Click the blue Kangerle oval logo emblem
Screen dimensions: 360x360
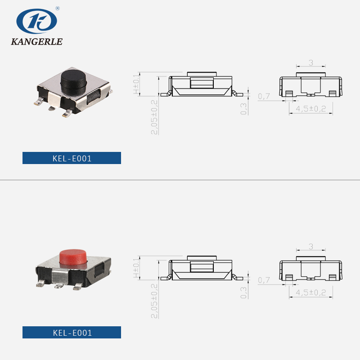(36, 21)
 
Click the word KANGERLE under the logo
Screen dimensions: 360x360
(37, 41)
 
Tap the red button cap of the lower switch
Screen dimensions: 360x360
(73, 257)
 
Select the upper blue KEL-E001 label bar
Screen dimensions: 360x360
(72, 158)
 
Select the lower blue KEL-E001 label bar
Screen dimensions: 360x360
(72, 332)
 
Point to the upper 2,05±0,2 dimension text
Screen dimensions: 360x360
(154, 117)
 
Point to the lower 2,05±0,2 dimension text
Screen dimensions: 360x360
(154, 301)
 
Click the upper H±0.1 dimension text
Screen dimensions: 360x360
(136, 84)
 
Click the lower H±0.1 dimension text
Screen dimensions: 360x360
(136, 268)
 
